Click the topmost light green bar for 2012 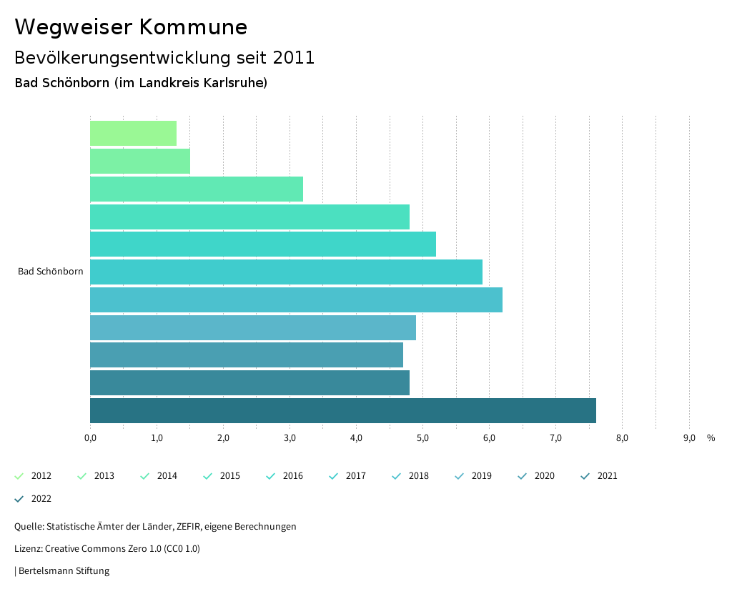(x=133, y=134)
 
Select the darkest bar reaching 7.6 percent (x=343, y=411)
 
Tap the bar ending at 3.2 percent (x=197, y=189)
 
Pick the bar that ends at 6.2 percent (x=296, y=300)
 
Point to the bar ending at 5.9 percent (x=286, y=272)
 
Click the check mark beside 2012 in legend (x=19, y=476)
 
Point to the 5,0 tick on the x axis (x=422, y=438)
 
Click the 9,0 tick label (x=688, y=438)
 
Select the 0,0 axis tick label (x=90, y=438)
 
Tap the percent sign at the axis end (x=711, y=438)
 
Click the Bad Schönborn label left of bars (x=50, y=272)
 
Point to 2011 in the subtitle (x=293, y=58)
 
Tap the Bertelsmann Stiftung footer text (x=64, y=571)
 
